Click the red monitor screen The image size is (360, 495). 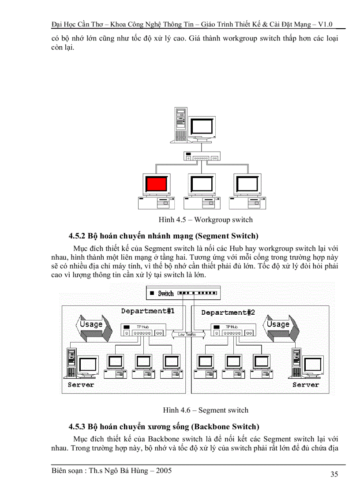click(x=157, y=184)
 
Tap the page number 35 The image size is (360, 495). click(x=334, y=474)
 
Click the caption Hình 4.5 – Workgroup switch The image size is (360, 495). click(x=206, y=220)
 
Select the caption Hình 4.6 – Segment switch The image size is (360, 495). click(x=206, y=410)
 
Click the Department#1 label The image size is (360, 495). click(x=148, y=311)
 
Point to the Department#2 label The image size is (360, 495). click(x=228, y=313)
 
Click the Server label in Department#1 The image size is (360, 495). click(x=81, y=385)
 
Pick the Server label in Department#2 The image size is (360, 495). click(x=306, y=385)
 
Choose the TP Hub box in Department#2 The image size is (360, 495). click(x=233, y=331)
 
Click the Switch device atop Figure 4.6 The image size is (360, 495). click(x=183, y=293)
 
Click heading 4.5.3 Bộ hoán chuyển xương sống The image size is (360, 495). click(x=164, y=426)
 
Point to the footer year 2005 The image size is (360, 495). click(x=162, y=471)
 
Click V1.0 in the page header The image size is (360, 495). click(x=326, y=25)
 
